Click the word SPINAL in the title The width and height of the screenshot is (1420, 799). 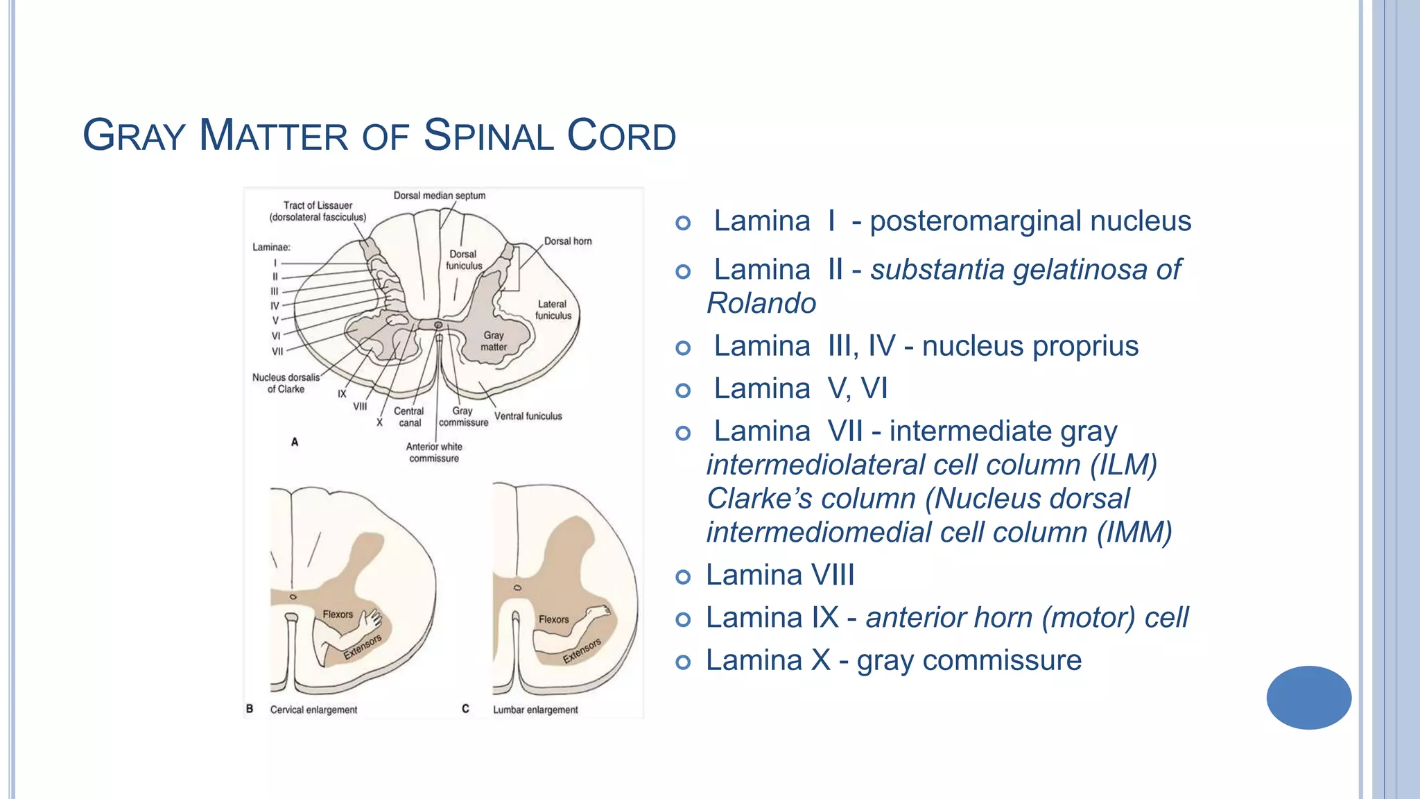coord(487,135)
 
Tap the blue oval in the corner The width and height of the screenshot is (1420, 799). coord(1308,697)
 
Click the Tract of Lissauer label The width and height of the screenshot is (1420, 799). coord(318,211)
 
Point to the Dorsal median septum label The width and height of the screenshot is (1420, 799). coord(440,196)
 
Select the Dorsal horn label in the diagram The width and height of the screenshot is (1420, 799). coord(568,241)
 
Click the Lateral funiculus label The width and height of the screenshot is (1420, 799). coord(553,310)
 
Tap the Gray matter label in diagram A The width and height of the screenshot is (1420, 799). coord(494,341)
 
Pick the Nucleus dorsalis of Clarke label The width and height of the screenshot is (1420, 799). coord(286,383)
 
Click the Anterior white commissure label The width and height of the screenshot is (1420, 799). coord(434,452)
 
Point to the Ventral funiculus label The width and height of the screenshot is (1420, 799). coord(528,416)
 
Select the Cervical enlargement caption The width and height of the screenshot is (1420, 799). coord(313,710)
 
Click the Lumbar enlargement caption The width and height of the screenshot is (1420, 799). coord(535,710)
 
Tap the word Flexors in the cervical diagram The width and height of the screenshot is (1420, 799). coord(338,615)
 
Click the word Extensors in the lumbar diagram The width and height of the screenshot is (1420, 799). coord(582,651)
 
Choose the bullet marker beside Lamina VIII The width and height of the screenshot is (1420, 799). coord(683,577)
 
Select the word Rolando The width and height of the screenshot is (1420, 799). coord(761,304)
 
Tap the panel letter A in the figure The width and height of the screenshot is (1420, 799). coord(295,442)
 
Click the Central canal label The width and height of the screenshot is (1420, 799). coord(409,417)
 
